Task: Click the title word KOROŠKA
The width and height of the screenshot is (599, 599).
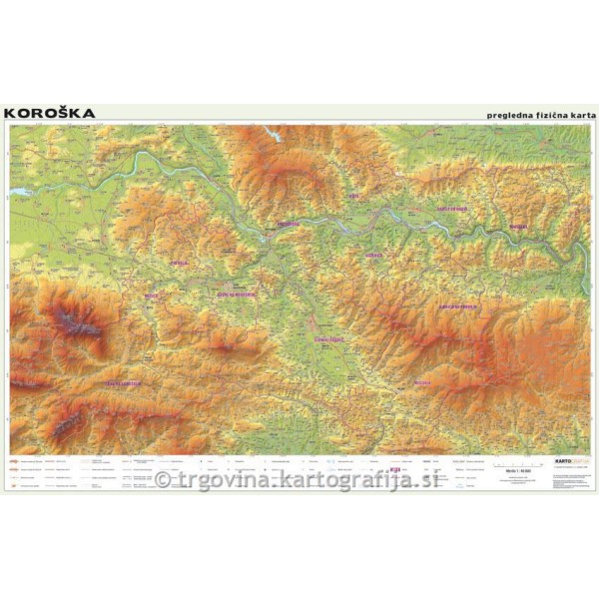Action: tap(50, 113)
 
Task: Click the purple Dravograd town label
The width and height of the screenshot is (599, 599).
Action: tap(288, 225)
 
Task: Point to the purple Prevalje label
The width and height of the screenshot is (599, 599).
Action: tap(180, 264)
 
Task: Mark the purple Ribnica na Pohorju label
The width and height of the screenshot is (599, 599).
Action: tap(460, 305)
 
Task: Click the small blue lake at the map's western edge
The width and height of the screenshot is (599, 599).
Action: tap(19, 190)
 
